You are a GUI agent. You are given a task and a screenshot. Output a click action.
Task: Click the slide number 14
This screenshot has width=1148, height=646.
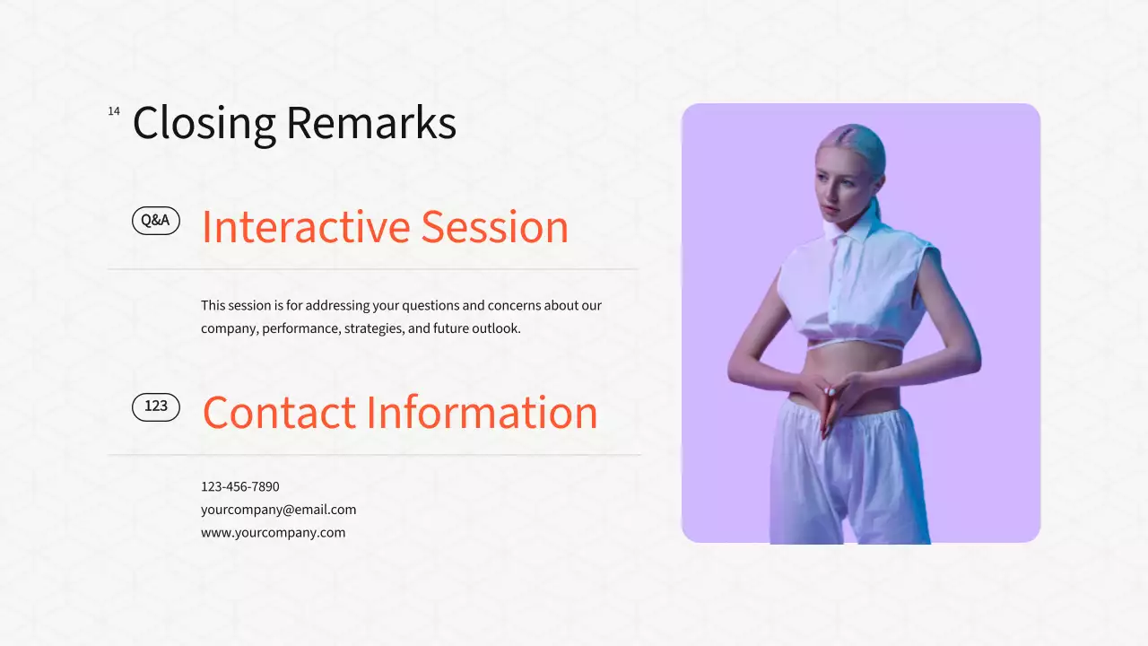click(x=114, y=111)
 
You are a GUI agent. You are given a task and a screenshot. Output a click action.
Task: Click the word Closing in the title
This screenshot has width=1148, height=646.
click(x=204, y=123)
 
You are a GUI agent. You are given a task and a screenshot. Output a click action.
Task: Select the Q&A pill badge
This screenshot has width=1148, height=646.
click(x=156, y=221)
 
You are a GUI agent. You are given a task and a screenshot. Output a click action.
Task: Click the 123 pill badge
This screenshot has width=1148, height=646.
click(x=156, y=406)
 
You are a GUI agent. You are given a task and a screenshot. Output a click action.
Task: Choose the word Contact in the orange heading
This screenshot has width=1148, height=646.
click(x=279, y=413)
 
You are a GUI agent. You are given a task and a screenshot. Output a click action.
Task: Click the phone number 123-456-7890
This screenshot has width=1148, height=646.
click(x=239, y=486)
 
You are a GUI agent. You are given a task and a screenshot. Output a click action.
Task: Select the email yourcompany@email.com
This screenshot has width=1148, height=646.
click(x=278, y=510)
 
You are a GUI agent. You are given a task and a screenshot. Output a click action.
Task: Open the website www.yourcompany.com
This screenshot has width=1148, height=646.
click(x=273, y=532)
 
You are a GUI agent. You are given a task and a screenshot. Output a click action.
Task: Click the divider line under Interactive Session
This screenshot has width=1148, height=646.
click(x=372, y=269)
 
